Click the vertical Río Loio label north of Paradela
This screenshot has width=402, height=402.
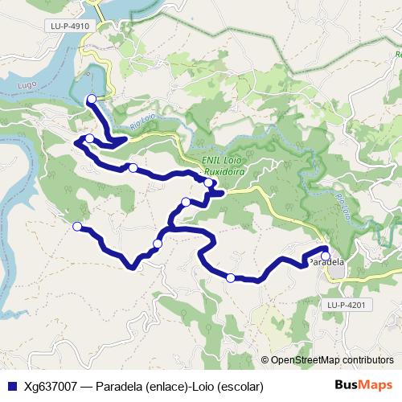click(x=343, y=207)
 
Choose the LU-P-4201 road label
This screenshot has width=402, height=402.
click(x=347, y=305)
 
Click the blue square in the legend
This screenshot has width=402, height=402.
click(x=11, y=386)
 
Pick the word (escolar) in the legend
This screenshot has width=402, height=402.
click(x=240, y=386)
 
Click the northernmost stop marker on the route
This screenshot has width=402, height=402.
click(x=91, y=99)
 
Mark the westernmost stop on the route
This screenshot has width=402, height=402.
click(x=77, y=227)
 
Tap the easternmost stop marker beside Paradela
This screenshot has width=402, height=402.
click(x=326, y=256)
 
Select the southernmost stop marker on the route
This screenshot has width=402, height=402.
click(x=231, y=278)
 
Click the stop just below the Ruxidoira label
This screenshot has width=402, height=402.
click(x=209, y=183)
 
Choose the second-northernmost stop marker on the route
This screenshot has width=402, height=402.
click(x=89, y=139)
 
